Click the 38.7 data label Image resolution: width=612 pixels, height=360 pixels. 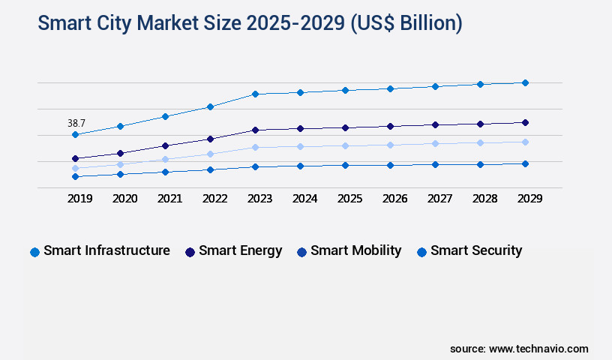[76, 122]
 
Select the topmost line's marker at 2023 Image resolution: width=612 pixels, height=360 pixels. [255, 94]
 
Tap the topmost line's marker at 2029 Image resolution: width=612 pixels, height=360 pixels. [525, 82]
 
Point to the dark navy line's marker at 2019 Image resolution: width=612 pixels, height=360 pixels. [75, 158]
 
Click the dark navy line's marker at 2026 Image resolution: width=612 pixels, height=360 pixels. [390, 126]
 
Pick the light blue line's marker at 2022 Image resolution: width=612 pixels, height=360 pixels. [210, 154]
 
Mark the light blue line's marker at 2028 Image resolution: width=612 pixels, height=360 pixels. [480, 142]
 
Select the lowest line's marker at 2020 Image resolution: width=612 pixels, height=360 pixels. [120, 174]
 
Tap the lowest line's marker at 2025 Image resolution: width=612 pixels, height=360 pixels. [345, 165]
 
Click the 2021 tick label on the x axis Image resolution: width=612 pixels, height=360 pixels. [169, 199]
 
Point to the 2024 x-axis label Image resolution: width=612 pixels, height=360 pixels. [304, 199]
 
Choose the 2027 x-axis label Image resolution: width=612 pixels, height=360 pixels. [439, 199]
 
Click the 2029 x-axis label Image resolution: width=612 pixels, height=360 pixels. [529, 199]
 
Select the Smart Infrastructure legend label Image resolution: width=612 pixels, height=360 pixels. [106, 250]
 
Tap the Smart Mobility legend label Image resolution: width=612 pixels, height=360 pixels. [355, 250]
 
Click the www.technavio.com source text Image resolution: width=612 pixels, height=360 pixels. [538, 349]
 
